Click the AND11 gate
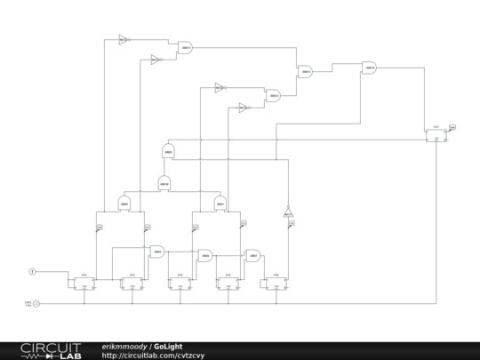pos(186,47)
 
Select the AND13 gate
pos(305,72)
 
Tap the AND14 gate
pos(369,68)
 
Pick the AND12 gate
pos(273,95)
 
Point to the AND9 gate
pos(167,152)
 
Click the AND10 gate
pos(164,184)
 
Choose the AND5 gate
pos(157,252)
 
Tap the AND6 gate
pos(205,256)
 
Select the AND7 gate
pos(253,256)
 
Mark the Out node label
pos(452,127)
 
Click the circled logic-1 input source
pos(33,270)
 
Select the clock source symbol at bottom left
pos(36,303)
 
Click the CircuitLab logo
pos(50,350)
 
